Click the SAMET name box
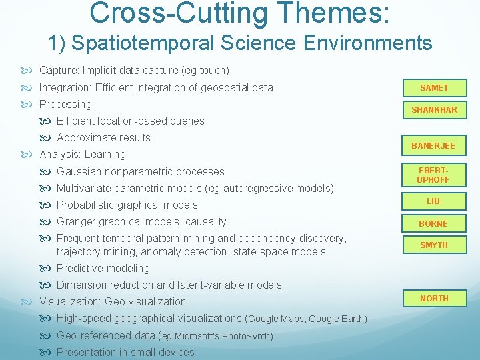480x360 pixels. [x=434, y=87]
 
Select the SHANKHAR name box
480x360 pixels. [x=434, y=110]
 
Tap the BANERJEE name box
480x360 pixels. [x=434, y=145]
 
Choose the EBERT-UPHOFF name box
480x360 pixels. [x=434, y=175]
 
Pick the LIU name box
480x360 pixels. [x=434, y=201]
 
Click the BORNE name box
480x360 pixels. [x=434, y=223]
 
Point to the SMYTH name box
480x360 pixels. [x=434, y=245]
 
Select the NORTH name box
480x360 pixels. [x=434, y=298]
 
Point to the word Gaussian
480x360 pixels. [x=79, y=171]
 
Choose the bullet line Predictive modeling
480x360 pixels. [x=103, y=269]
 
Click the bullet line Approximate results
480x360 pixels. [x=103, y=138]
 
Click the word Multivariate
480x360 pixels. [x=84, y=189]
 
